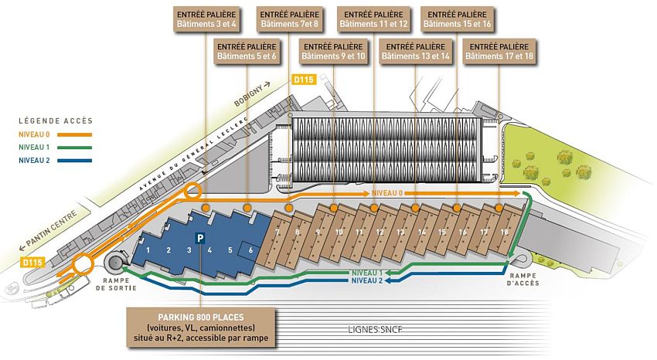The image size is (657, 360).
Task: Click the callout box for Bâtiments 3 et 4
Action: [x=206, y=19]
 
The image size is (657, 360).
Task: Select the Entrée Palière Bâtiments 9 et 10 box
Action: [x=333, y=52]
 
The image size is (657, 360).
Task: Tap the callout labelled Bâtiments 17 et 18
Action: [x=499, y=52]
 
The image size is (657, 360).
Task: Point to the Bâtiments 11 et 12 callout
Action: [x=373, y=19]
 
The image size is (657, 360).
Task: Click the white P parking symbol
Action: [x=200, y=239]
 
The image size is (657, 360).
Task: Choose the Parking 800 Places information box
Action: [x=201, y=328]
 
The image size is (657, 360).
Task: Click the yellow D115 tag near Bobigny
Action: [x=304, y=79]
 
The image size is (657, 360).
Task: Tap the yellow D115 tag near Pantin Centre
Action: [x=32, y=263]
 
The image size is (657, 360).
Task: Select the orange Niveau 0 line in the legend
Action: [x=74, y=134]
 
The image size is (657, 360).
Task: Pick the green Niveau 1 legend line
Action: [x=74, y=148]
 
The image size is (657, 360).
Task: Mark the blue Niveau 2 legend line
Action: [x=74, y=161]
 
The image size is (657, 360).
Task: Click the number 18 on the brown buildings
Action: [x=504, y=232]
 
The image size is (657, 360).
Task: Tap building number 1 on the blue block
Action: [x=148, y=250]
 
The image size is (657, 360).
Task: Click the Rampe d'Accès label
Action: [x=523, y=279]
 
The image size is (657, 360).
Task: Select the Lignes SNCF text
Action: [x=375, y=329]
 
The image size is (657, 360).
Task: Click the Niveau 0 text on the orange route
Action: [x=386, y=193]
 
